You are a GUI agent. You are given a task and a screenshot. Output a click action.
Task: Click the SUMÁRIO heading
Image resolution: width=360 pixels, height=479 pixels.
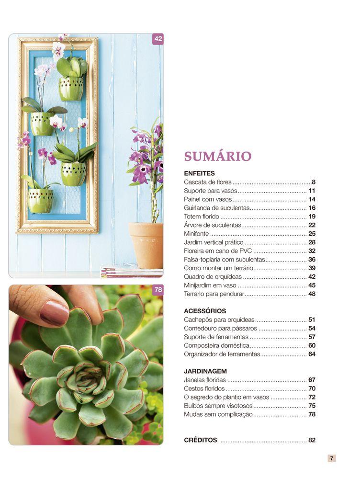(x=218, y=156)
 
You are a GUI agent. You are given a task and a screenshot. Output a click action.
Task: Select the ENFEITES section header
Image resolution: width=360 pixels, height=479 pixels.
(x=199, y=173)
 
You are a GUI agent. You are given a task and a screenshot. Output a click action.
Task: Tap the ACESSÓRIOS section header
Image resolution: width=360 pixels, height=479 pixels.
(x=205, y=311)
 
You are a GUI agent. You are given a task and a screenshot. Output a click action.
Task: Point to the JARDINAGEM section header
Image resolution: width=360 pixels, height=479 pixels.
(x=205, y=371)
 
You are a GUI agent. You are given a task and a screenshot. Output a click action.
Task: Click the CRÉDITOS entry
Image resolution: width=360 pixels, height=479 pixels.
(x=201, y=440)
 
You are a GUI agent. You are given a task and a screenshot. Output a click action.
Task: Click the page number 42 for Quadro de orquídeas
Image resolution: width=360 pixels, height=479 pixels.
(x=312, y=277)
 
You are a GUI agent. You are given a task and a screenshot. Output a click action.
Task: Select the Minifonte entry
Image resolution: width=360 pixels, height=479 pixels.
(x=197, y=234)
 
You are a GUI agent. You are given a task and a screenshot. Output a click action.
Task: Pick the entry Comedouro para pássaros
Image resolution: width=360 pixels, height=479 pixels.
(x=220, y=329)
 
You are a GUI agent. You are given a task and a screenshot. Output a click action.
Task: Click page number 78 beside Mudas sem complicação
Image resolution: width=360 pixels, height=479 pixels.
(x=312, y=414)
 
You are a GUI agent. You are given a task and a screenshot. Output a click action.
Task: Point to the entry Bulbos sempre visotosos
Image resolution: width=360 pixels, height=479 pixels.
(x=218, y=406)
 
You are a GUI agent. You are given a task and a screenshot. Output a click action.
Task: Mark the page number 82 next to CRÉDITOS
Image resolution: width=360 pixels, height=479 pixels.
(x=312, y=440)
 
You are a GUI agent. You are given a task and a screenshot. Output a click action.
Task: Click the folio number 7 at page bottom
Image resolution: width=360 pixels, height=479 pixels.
(x=331, y=458)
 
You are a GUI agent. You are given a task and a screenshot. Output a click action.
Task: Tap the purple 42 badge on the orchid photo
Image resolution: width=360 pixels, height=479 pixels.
(x=157, y=39)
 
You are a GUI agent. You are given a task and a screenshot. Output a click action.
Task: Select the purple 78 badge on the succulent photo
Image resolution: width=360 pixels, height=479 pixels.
(x=157, y=290)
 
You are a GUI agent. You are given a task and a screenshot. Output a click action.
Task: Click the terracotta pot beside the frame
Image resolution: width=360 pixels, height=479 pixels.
(x=146, y=244)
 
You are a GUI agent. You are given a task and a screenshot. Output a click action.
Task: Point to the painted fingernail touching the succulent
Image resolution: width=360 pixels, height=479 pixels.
(x=54, y=313)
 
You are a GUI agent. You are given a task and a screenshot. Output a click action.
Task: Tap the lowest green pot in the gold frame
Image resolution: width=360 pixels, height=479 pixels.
(x=40, y=201)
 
